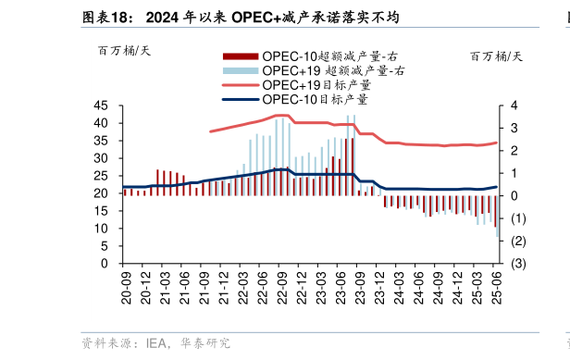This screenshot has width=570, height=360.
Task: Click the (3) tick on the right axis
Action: click(514, 264)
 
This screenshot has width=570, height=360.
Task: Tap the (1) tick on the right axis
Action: click(514, 218)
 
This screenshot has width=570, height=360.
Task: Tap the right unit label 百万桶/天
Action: click(496, 56)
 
